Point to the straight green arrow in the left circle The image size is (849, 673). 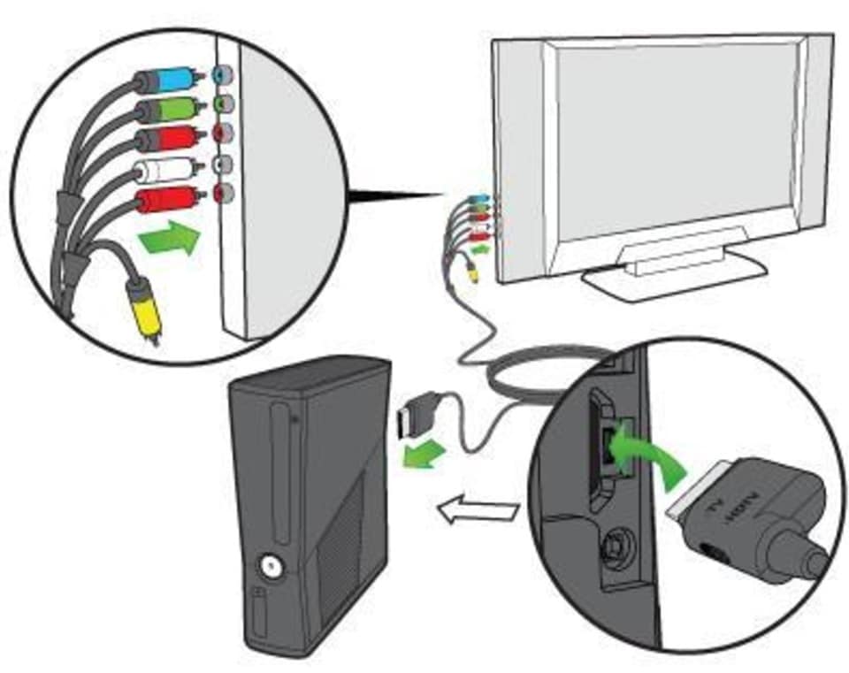(x=167, y=240)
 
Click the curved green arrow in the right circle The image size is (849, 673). (x=649, y=442)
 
